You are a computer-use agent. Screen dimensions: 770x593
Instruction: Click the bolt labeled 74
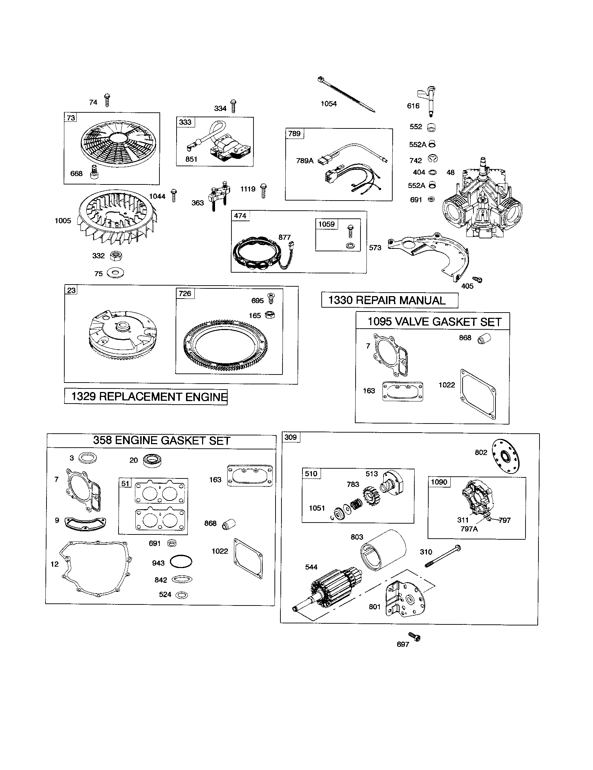coord(107,100)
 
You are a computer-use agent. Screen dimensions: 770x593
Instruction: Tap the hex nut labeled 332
coord(116,256)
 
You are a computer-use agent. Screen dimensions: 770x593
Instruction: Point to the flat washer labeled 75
coord(115,273)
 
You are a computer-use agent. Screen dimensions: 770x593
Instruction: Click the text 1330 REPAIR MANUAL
coord(389,300)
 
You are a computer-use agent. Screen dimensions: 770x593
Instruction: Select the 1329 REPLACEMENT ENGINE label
coord(146,397)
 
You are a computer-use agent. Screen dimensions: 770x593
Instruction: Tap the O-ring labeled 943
coord(181,562)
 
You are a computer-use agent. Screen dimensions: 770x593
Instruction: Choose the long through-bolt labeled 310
coord(442,557)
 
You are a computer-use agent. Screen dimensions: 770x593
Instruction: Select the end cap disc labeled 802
coord(506,457)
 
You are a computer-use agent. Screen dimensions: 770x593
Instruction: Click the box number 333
coord(185,122)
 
